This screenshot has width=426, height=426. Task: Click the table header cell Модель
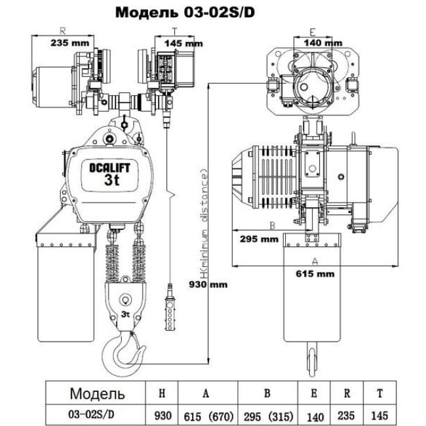pos(97,393)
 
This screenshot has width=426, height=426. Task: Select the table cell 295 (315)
pos(267,414)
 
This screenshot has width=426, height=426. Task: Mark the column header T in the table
pos(381,393)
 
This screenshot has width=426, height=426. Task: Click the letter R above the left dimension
pos(63,30)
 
